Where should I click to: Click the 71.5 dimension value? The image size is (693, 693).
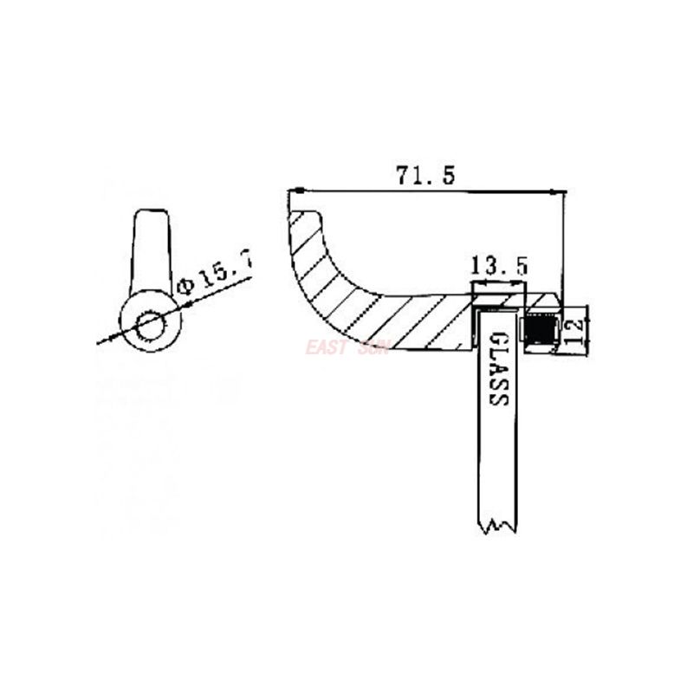click(x=425, y=175)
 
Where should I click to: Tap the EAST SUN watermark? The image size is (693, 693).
click(x=346, y=347)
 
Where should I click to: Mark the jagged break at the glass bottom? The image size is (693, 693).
click(x=497, y=524)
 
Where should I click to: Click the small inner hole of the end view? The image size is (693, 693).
click(x=151, y=326)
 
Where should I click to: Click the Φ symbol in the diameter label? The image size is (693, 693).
click(x=183, y=287)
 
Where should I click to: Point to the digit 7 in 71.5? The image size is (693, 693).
click(x=403, y=175)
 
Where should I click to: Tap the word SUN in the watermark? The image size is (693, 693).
click(x=374, y=347)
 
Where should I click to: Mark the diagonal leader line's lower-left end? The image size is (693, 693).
click(x=100, y=343)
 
